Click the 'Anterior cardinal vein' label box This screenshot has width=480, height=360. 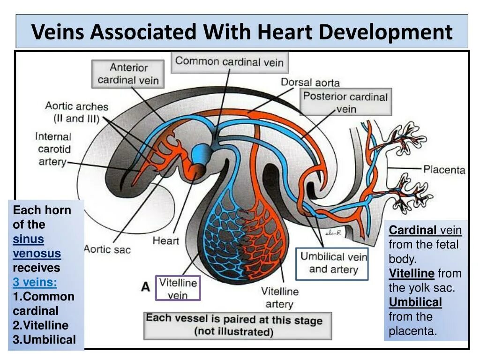click(x=128, y=74)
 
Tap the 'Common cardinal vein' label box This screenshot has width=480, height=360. click(x=229, y=62)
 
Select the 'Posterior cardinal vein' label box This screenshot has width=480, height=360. click(x=345, y=103)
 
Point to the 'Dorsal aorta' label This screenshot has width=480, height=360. click(x=310, y=82)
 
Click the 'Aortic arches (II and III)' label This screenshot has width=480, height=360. click(x=76, y=112)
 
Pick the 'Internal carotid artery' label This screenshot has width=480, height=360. click(x=53, y=149)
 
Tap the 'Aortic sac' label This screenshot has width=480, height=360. click(x=108, y=248)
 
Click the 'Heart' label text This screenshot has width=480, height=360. click(x=165, y=241)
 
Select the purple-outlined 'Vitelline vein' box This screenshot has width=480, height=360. click(x=178, y=288)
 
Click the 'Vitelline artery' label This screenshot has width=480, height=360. click(x=279, y=297)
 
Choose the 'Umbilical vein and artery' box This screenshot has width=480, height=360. click(x=333, y=263)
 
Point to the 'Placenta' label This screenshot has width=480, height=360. click(x=444, y=169)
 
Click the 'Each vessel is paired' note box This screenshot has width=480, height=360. click(x=237, y=325)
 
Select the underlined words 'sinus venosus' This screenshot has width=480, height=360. click(x=37, y=246)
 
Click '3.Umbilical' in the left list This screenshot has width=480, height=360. click(x=44, y=340)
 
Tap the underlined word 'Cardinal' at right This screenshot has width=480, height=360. click(x=412, y=230)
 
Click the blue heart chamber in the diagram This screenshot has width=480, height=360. click(x=202, y=153)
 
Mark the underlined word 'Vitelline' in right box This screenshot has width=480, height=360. click(x=412, y=273)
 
